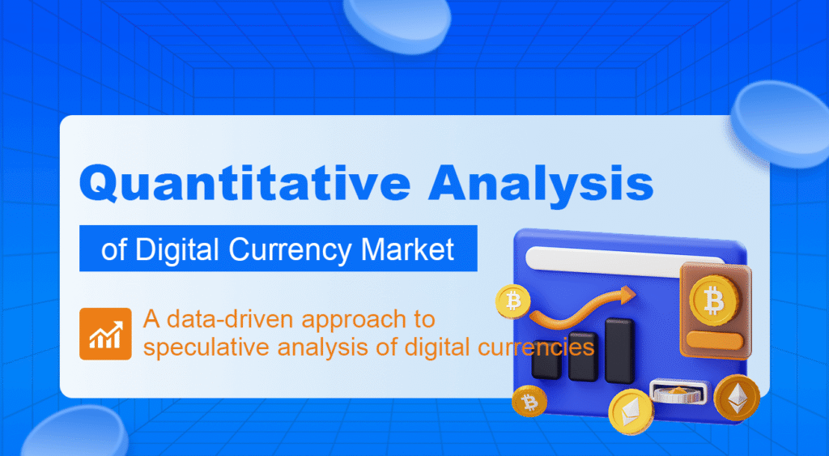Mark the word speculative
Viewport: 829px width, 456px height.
[207, 347]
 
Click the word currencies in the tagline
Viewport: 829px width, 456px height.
[535, 347]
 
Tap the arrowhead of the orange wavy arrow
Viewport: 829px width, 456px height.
[627, 294]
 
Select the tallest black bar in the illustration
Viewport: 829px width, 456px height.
[619, 350]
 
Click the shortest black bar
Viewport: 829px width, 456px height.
[546, 365]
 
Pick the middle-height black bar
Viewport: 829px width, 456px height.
[583, 356]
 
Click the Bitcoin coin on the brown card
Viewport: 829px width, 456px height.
[713, 300]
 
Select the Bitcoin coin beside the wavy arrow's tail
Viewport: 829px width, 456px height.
[512, 302]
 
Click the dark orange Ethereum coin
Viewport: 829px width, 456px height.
[737, 397]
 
